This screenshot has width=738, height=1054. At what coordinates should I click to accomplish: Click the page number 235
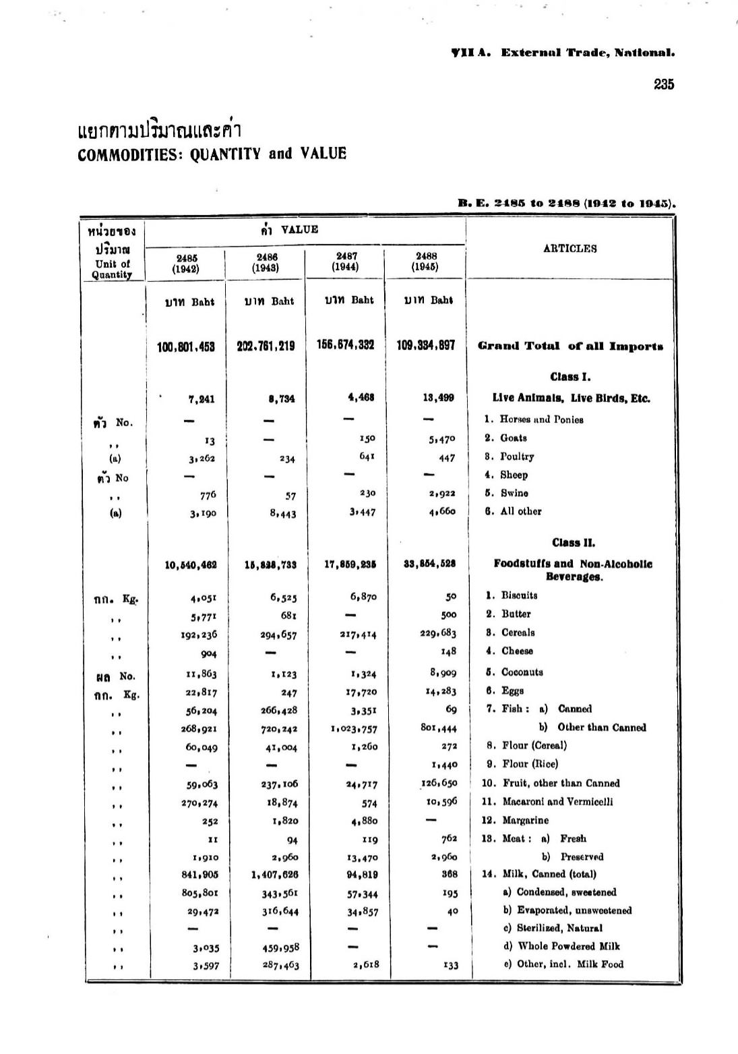point(663,84)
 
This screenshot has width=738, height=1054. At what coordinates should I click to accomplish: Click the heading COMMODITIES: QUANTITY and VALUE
point(212,154)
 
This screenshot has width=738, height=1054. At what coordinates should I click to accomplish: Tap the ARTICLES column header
point(570,249)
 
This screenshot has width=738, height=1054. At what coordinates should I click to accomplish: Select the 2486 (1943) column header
point(266,262)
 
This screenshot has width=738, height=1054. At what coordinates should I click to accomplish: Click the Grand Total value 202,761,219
point(266,346)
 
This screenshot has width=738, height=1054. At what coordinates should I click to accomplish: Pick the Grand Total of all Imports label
point(570,347)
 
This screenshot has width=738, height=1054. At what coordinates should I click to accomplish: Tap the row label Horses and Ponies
point(541,419)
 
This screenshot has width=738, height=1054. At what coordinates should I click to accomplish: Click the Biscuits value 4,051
point(203,596)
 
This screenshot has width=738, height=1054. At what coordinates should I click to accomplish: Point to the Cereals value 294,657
point(279,635)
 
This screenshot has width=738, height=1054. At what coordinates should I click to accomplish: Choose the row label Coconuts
point(522,672)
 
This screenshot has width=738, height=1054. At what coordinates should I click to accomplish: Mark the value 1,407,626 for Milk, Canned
point(274,875)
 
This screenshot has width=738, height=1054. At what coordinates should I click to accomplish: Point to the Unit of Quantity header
point(112,270)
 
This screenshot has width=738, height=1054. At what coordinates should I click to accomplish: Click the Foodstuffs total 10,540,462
point(191,565)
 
